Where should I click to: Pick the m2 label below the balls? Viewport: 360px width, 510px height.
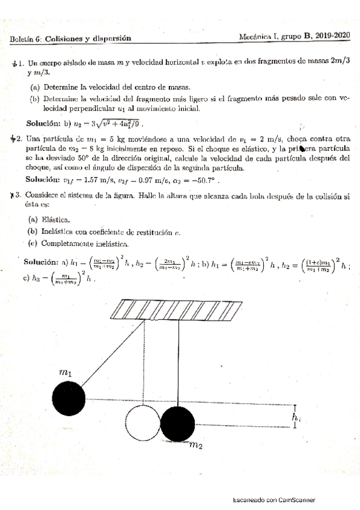tap(196, 446)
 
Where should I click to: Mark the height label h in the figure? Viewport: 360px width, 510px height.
tap(295, 416)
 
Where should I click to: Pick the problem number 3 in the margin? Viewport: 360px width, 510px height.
tap(20, 195)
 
